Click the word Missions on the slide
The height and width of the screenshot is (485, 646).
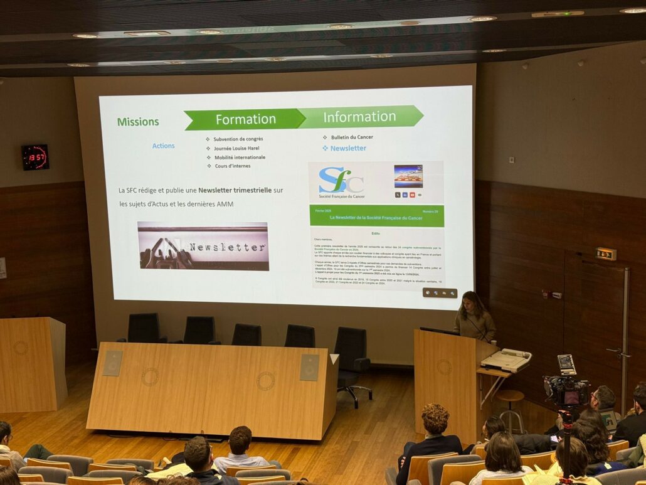pos(138,122)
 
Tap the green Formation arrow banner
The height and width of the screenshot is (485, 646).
pos(245,119)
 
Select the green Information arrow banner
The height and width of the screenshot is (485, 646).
pos(359,117)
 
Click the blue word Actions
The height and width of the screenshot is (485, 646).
pos(163,146)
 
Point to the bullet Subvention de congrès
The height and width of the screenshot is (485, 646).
pos(238,139)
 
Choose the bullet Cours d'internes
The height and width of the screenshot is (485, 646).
pos(232,166)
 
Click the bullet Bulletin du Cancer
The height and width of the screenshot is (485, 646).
pos(351,137)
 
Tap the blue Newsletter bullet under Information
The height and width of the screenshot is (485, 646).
pos(348,148)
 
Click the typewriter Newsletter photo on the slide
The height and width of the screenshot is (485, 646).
pos(203,246)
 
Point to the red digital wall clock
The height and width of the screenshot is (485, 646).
pos(35,157)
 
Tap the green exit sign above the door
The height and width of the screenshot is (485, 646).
pos(606,253)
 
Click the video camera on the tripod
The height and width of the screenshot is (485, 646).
pos(566,389)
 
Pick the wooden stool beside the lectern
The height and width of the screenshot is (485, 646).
pos(510,408)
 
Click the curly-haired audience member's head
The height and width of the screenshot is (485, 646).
pos(435,418)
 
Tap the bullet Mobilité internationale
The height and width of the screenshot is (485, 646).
pos(240,157)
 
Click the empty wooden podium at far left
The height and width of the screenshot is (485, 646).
pos(32,363)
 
